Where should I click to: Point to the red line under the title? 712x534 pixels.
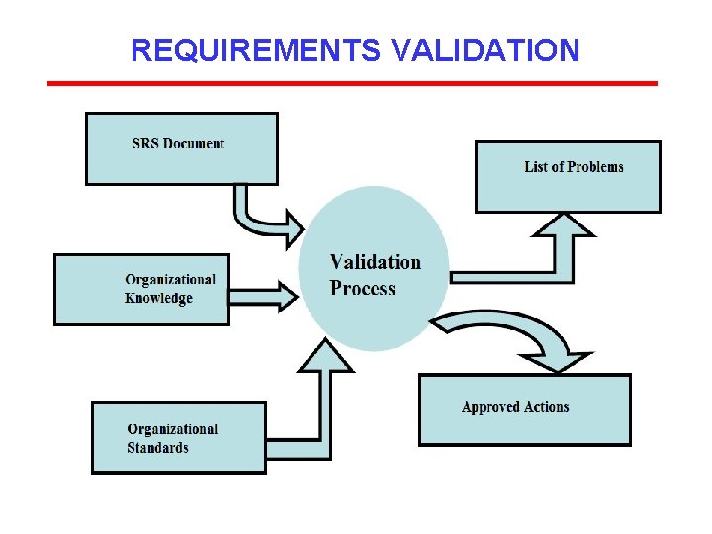[352, 83]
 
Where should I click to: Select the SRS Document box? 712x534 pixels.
[182, 148]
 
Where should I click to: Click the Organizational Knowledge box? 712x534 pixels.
[141, 290]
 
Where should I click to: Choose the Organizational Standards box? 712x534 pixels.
[178, 437]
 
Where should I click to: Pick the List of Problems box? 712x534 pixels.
[568, 177]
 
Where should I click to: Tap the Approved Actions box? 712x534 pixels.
[524, 408]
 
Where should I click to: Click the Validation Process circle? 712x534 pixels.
[374, 269]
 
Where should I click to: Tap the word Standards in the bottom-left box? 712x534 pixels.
[157, 448]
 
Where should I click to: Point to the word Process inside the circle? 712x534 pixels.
[362, 289]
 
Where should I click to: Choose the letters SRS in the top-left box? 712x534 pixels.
[145, 143]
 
